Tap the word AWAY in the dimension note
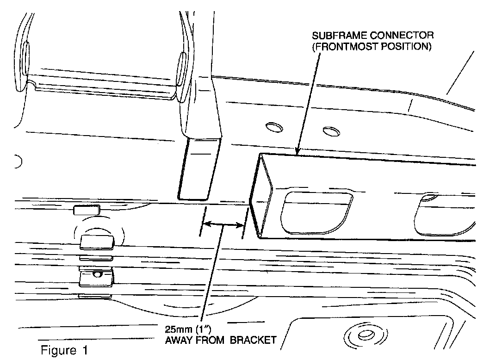click(x=180, y=341)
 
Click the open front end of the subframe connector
click(x=263, y=197)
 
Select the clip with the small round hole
click(x=97, y=277)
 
